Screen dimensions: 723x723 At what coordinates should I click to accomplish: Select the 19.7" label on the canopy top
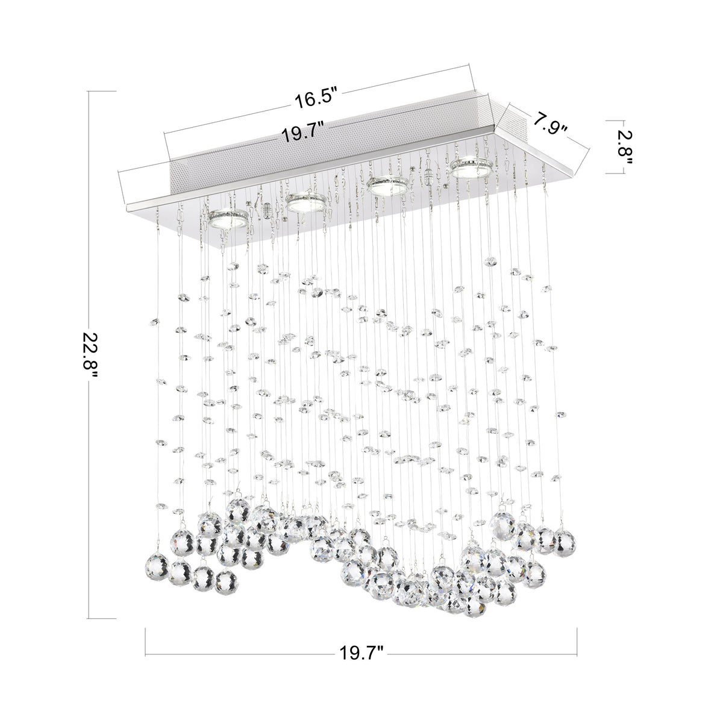[x=303, y=132]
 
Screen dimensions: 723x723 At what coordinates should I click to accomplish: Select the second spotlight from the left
[x=306, y=203]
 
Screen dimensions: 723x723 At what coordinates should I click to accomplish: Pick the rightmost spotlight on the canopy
[x=472, y=168]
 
